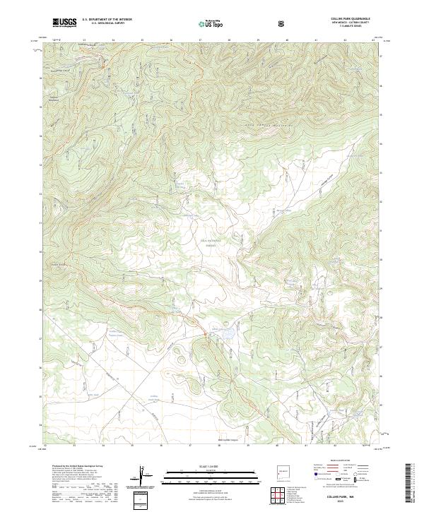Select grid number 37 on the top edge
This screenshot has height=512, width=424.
(200, 41)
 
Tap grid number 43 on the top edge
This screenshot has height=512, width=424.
(373, 41)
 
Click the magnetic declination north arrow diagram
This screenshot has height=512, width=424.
(145, 477)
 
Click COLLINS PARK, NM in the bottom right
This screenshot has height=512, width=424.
(351, 496)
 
